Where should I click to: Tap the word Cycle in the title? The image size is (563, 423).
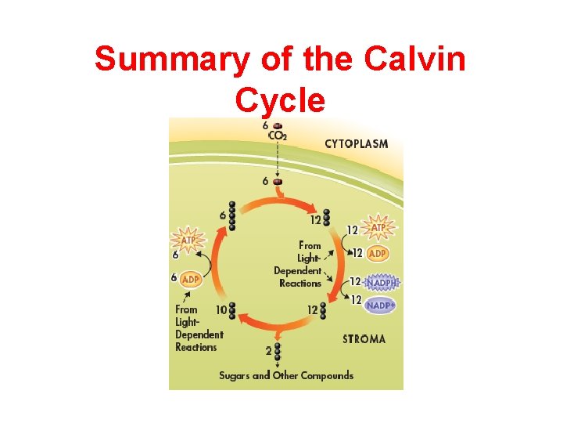(x=279, y=99)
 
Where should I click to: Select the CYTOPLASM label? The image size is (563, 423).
(x=357, y=143)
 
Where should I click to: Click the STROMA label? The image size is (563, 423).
(x=364, y=339)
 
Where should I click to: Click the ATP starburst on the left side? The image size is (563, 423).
(x=188, y=237)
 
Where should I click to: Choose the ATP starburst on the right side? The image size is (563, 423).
(x=378, y=228)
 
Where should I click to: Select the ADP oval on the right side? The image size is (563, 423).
(x=378, y=254)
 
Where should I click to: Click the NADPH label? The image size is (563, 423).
(x=382, y=282)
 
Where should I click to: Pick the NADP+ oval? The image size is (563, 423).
(x=381, y=305)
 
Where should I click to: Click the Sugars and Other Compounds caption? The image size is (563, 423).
(x=286, y=375)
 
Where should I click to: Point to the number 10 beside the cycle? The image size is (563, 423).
(x=221, y=310)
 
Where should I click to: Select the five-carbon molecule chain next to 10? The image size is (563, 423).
(x=231, y=311)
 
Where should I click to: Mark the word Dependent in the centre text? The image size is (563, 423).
(x=297, y=271)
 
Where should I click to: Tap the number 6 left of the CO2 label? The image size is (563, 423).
(x=266, y=125)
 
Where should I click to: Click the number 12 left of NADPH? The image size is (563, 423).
(x=354, y=281)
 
